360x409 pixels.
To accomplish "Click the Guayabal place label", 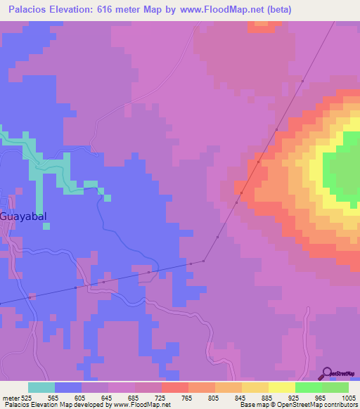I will (x=24, y=216).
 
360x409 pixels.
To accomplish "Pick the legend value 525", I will (x=27, y=397).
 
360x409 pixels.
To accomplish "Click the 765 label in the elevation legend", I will (x=187, y=397).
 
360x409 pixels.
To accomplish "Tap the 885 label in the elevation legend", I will (x=267, y=397).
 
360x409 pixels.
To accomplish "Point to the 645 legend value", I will (x=107, y=397).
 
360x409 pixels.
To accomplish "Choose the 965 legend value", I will (x=321, y=397).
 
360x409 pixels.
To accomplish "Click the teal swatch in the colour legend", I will (x=41, y=387).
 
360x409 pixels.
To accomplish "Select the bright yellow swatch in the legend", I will (x=281, y=387).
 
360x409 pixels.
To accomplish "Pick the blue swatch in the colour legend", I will (x=68, y=387).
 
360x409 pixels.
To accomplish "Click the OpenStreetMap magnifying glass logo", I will (x=326, y=373).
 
